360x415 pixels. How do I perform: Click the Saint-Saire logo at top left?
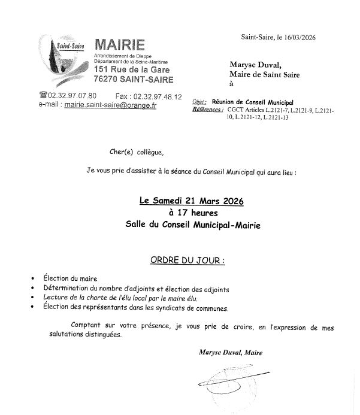click(x=63, y=59)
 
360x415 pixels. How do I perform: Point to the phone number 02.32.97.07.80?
click(x=75, y=96)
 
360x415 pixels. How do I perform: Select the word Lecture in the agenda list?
click(x=57, y=298)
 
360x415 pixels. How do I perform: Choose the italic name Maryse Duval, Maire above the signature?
click(x=230, y=353)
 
